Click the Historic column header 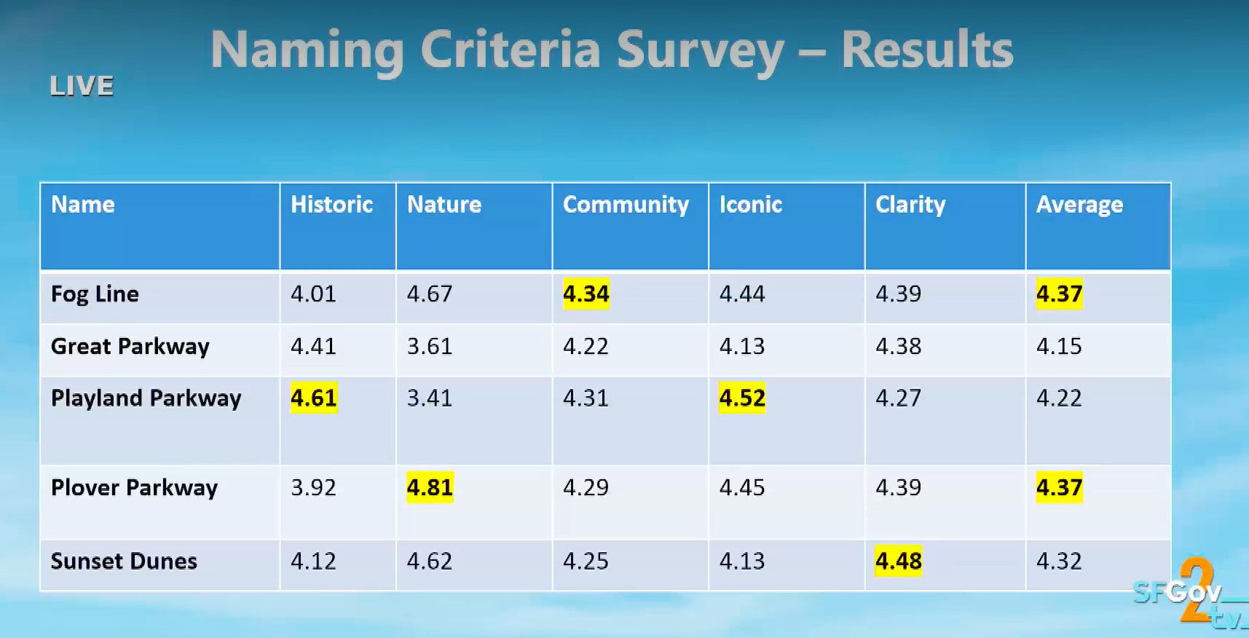[x=331, y=205]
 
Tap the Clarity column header [x=910, y=205]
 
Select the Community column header [x=626, y=205]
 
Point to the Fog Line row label [x=95, y=294]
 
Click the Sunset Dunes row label [x=124, y=562]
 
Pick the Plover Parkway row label [x=134, y=488]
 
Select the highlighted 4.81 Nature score [x=430, y=487]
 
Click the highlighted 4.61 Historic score [x=314, y=398]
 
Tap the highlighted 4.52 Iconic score [x=742, y=398]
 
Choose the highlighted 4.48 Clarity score [x=898, y=562]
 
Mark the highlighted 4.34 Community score [x=586, y=294]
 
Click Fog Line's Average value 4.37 [x=1059, y=294]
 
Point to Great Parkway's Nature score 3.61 [x=430, y=346]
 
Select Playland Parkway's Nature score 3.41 [x=430, y=398]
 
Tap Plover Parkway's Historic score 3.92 [x=314, y=487]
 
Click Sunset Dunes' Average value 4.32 [x=1059, y=562]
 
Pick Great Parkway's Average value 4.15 [x=1059, y=346]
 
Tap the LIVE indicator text [x=82, y=87]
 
